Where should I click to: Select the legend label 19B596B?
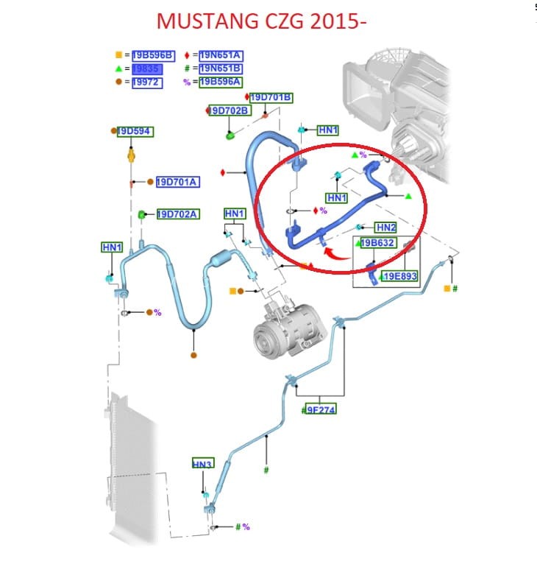pyautogui.click(x=153, y=55)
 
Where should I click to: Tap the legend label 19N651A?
pyautogui.click(x=221, y=55)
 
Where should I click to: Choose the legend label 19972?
pyautogui.click(x=146, y=82)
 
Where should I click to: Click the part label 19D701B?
pyautogui.click(x=271, y=98)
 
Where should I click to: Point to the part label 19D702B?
pyautogui.click(x=230, y=111)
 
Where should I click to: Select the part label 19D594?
pyautogui.click(x=135, y=132)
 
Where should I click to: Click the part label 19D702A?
pyautogui.click(x=177, y=214)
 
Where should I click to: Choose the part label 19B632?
pyautogui.click(x=378, y=242)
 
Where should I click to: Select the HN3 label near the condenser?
pyautogui.click(x=202, y=465)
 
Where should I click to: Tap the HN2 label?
pyautogui.click(x=385, y=228)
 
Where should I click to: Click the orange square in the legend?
pyautogui.click(x=118, y=55)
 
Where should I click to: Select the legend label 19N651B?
pyautogui.click(x=221, y=68)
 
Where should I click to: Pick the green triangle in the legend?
pyautogui.click(x=118, y=68)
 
